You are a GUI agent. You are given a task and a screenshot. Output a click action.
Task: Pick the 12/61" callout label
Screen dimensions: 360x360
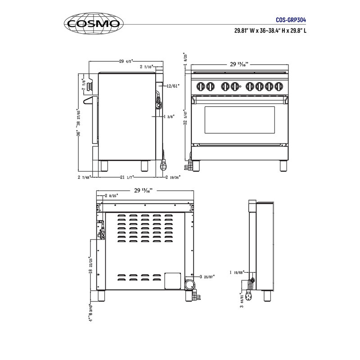(172, 85)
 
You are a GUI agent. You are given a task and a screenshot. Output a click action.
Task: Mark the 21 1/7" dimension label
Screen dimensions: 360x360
(126, 177)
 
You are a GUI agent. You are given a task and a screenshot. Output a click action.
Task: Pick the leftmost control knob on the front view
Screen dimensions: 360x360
(201, 86)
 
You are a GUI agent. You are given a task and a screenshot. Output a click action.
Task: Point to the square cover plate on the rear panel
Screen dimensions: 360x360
(171, 280)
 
